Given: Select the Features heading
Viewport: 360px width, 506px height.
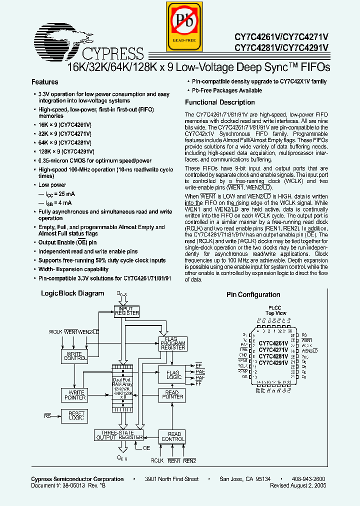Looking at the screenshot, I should pyautogui.click(x=45, y=82).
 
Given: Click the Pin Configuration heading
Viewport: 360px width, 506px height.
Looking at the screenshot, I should pyautogui.click(x=253, y=295).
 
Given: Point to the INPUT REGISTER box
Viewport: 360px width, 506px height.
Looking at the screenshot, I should pyautogui.click(x=127, y=311).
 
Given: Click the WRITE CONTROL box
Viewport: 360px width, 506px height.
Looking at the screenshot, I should pyautogui.click(x=74, y=355).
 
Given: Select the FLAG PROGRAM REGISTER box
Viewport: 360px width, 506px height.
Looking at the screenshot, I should pyautogui.click(x=172, y=343).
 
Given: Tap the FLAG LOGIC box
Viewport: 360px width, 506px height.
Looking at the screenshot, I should pyautogui.click(x=172, y=375).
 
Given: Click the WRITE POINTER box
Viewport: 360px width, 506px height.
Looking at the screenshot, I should pyautogui.click(x=74, y=395).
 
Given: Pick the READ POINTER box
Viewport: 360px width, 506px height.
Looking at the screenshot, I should pyautogui.click(x=172, y=395).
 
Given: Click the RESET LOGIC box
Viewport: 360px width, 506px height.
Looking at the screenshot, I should pyautogui.click(x=73, y=415).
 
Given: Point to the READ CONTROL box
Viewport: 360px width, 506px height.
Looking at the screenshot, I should pyautogui.click(x=172, y=436).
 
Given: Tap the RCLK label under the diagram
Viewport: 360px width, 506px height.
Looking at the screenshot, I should pyautogui.click(x=157, y=461).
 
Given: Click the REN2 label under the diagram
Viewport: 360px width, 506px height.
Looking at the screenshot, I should pyautogui.click(x=189, y=461).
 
